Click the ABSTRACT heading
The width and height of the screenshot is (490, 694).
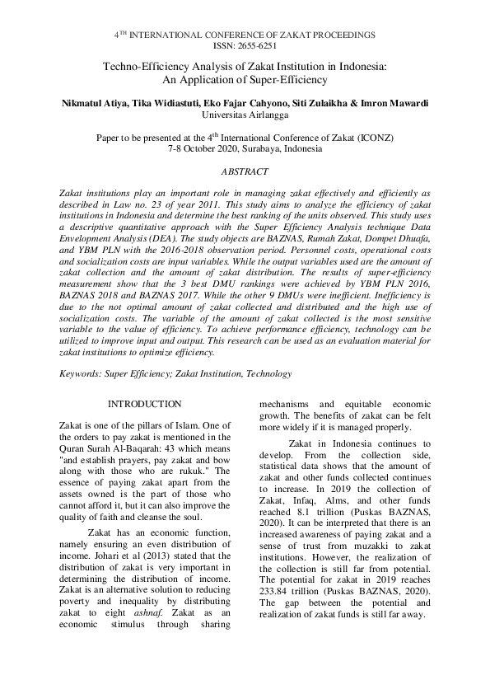coord(245,171)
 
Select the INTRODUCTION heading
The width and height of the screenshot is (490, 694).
coord(145,404)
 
